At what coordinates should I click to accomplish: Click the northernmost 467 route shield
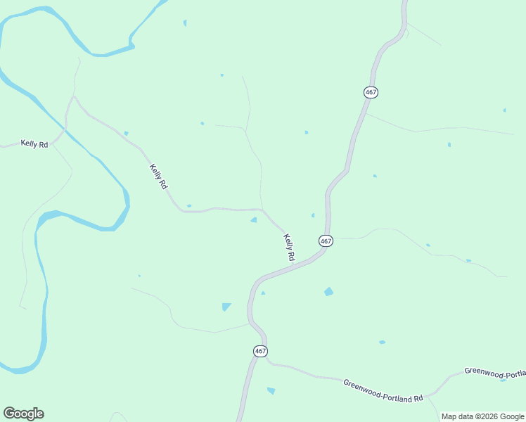point(371,92)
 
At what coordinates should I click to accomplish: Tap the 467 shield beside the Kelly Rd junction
point(325,241)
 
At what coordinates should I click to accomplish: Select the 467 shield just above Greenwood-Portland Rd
point(260,351)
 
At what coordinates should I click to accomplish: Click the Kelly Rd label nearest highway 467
point(289,248)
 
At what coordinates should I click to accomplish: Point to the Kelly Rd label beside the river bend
point(34,144)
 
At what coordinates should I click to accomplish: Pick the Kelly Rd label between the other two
point(159,176)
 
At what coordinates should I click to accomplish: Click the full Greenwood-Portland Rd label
point(383,390)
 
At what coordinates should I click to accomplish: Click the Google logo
point(23,414)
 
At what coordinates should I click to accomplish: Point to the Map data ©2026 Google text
point(483,416)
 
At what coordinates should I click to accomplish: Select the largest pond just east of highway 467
point(328,291)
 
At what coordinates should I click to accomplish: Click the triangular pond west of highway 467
point(226,307)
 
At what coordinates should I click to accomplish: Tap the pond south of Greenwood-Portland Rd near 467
point(271,390)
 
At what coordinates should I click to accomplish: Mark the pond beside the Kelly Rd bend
point(254,220)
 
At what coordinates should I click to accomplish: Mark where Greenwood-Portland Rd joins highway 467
point(267,363)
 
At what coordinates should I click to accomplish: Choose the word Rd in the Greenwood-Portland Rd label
point(418,398)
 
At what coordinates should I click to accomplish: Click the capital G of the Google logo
point(9,414)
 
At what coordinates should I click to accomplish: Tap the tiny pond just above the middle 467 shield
point(313,215)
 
